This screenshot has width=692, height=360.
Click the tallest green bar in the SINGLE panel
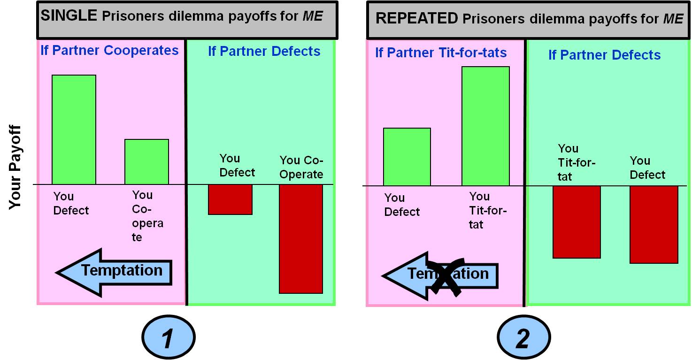point(74,130)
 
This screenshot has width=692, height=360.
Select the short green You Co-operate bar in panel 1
point(146,161)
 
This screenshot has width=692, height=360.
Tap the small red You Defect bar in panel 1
point(230,199)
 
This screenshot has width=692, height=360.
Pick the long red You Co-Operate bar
point(301,238)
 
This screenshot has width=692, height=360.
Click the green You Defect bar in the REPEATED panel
point(407,157)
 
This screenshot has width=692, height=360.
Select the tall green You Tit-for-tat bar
point(485,126)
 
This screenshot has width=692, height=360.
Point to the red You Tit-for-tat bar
point(577,222)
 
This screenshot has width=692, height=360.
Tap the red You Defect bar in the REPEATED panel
point(654,224)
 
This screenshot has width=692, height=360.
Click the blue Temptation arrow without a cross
point(114,272)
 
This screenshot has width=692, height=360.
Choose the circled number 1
point(168,338)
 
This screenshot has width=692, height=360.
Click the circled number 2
point(523,338)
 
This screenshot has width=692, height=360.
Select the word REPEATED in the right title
point(417,18)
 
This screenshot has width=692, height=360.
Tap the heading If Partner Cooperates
point(109,51)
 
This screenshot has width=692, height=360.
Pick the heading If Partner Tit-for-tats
point(441,53)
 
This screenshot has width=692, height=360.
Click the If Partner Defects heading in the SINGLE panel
point(264,52)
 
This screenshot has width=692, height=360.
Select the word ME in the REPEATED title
point(673,19)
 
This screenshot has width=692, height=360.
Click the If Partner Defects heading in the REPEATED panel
point(604,55)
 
